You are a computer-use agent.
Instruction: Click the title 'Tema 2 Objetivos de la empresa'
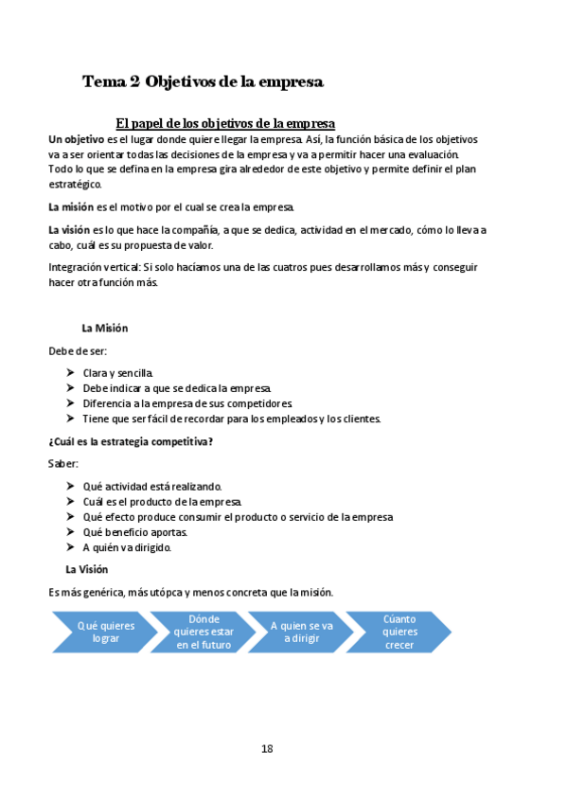[204, 82]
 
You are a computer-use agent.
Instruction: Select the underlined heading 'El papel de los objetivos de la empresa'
[225, 124]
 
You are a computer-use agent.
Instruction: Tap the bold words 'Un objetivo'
[77, 139]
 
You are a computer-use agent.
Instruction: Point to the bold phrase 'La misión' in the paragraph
[71, 206]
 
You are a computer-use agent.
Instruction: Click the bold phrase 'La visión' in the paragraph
[70, 229]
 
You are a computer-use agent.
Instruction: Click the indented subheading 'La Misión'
[105, 329]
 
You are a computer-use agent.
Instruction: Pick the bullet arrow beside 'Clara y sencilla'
[71, 373]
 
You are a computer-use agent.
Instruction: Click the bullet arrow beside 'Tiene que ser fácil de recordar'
[71, 419]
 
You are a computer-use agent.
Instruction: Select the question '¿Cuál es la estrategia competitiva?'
[130, 441]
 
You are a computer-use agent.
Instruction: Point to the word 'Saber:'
[63, 464]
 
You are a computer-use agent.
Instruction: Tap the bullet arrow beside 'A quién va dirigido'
[71, 547]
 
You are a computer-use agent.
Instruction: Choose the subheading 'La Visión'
[87, 569]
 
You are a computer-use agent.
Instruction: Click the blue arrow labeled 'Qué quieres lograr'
[106, 632]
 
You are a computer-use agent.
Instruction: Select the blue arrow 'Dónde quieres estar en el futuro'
[204, 632]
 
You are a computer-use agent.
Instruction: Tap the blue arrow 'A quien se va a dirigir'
[301, 632]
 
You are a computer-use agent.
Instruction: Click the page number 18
[267, 749]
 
